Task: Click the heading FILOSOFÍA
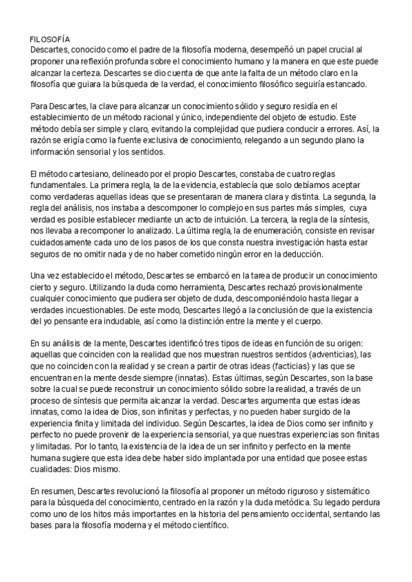coord(50,40)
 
